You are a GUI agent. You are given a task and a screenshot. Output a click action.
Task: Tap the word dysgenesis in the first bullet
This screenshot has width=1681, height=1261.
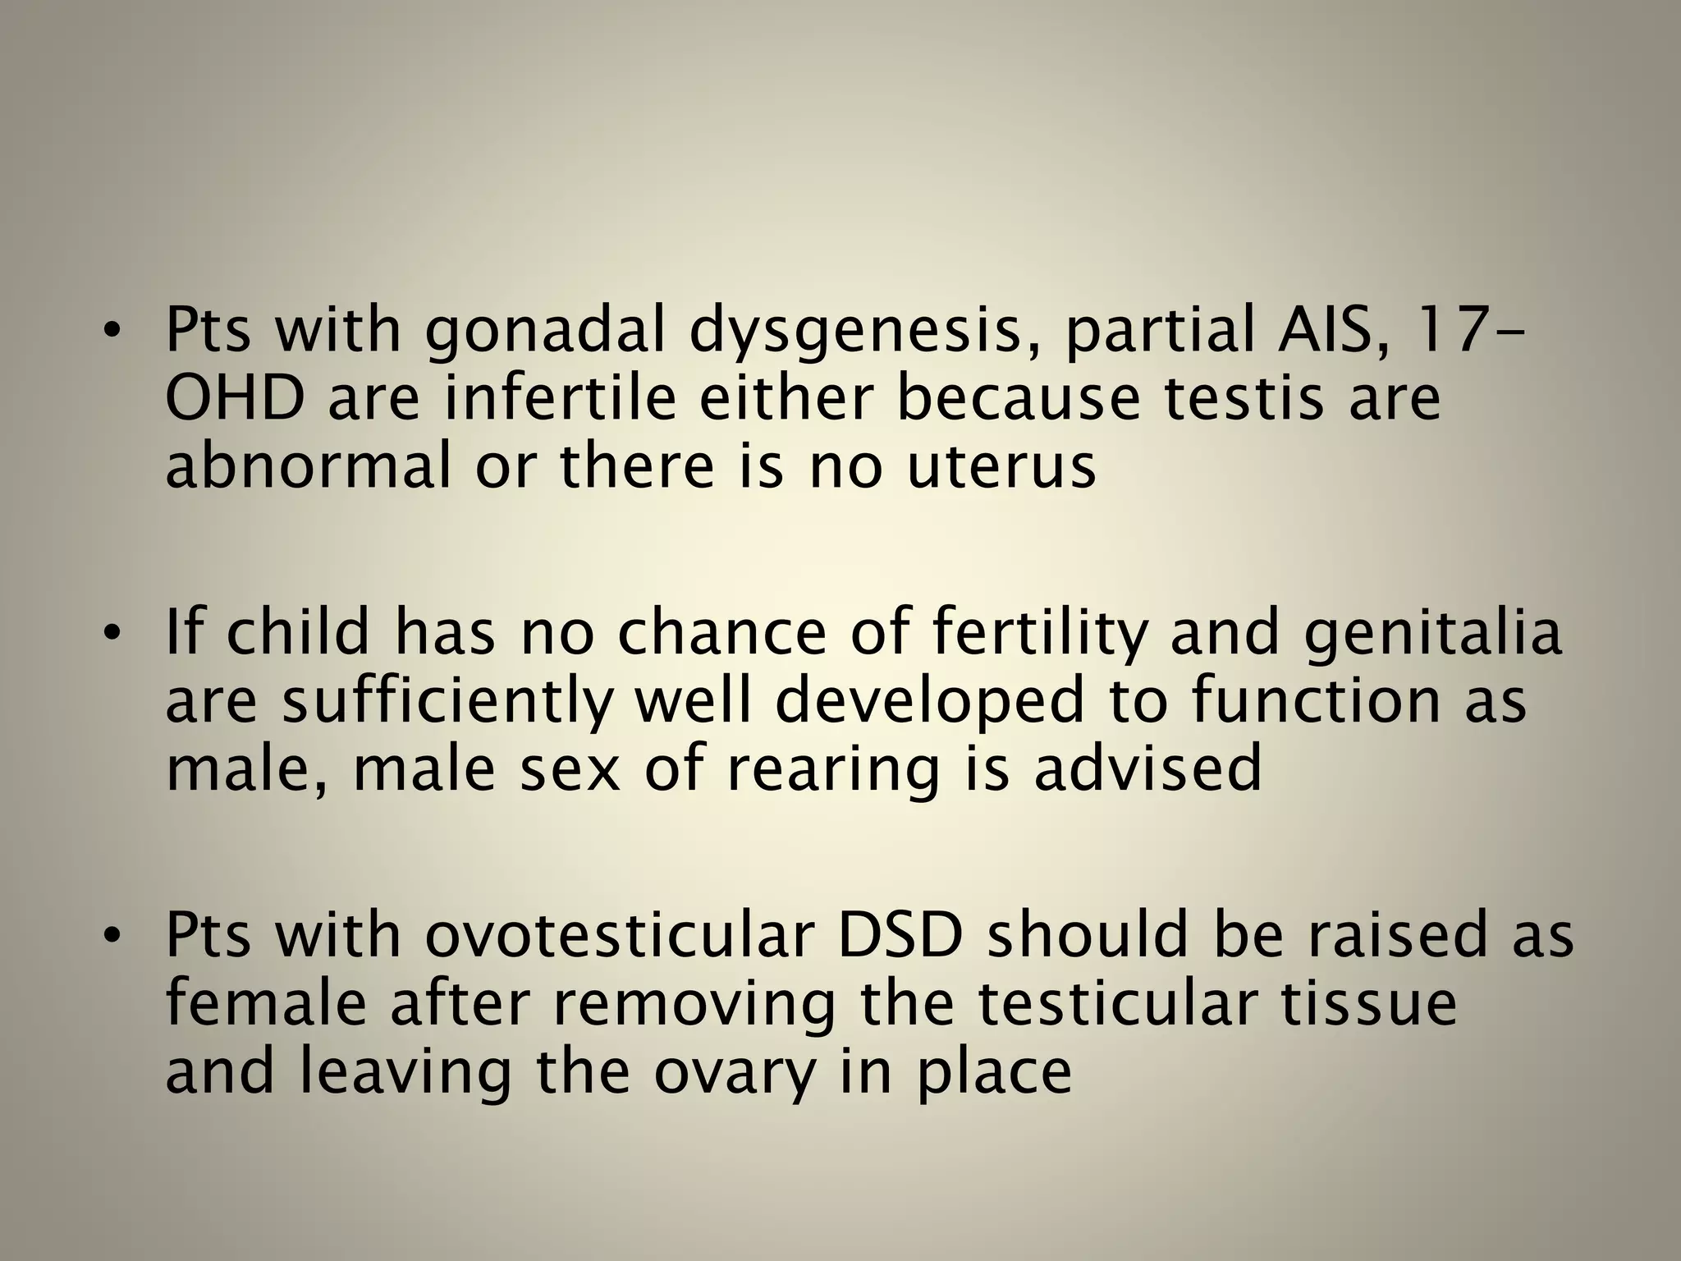click(x=852, y=330)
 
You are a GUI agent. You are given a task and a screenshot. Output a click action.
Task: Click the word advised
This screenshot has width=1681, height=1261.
click(x=1147, y=769)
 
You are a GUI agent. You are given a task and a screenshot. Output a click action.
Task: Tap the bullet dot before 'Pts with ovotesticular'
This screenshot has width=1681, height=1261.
click(x=112, y=937)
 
